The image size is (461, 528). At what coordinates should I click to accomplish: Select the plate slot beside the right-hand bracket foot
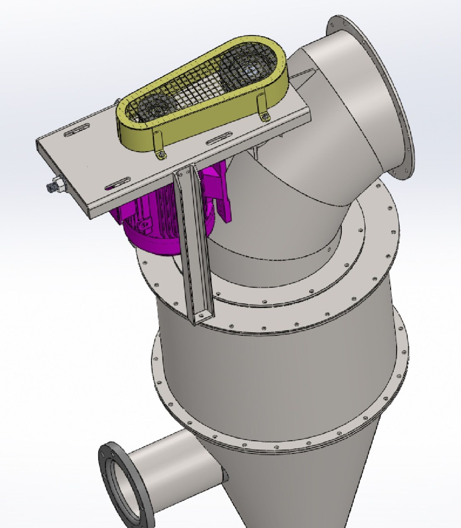(219, 138)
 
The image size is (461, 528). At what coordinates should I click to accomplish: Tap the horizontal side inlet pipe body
(175, 470)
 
